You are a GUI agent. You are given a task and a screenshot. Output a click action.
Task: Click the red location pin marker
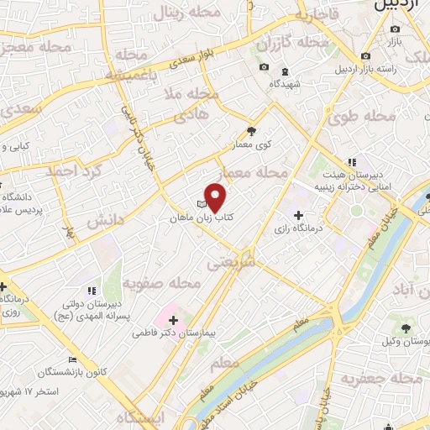pos(216,198)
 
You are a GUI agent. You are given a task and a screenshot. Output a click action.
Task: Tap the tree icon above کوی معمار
pos(251,130)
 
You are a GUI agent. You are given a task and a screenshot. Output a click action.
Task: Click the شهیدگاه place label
pos(286,84)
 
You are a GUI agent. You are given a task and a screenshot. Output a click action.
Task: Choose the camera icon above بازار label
pos(395,29)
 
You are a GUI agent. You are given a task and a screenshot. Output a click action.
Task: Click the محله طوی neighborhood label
pos(370,115)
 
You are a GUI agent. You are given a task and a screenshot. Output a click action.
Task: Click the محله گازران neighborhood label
pos(291,42)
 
